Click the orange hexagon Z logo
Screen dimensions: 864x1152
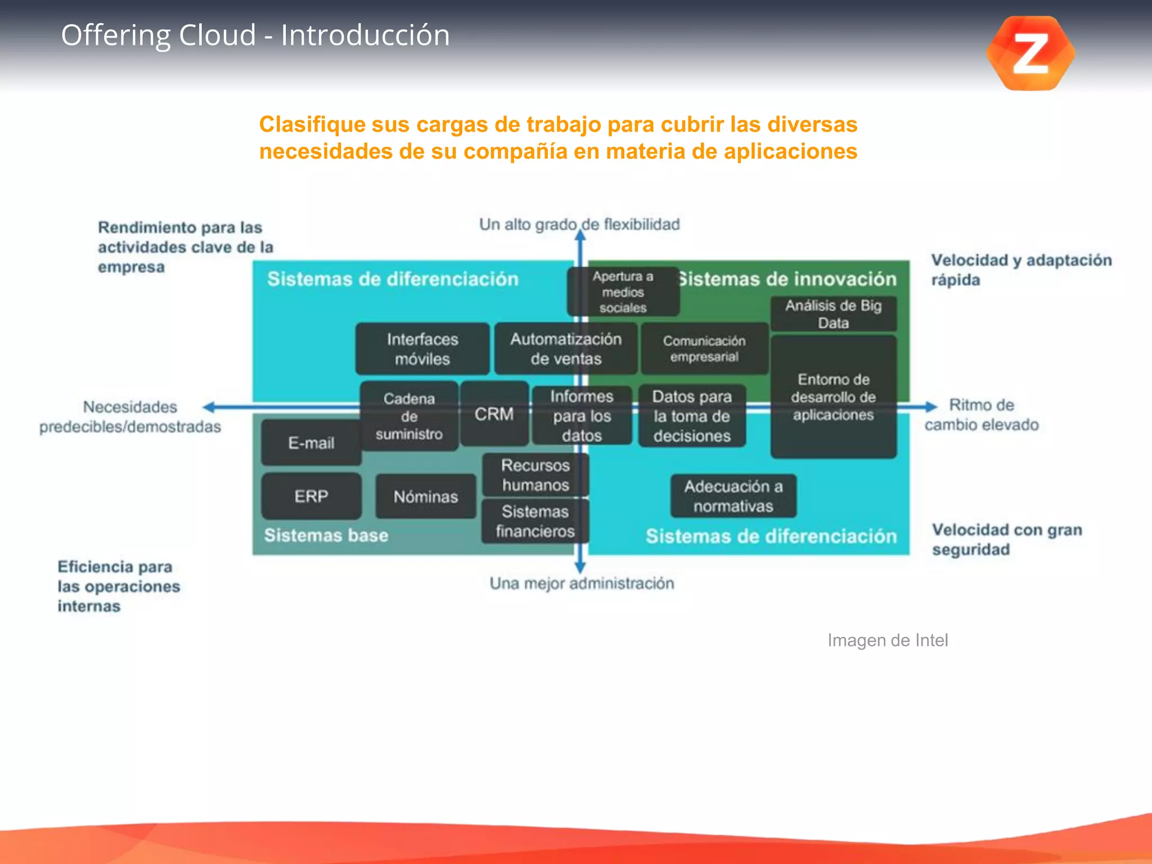click(x=1030, y=53)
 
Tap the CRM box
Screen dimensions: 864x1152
click(x=494, y=414)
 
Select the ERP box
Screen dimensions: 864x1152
click(x=311, y=496)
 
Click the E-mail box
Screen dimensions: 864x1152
click(x=311, y=443)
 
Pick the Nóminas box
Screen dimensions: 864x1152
click(x=425, y=496)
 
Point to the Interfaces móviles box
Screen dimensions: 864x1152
click(x=422, y=349)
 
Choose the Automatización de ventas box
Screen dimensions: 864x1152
click(x=565, y=349)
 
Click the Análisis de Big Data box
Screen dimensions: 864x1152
click(x=833, y=314)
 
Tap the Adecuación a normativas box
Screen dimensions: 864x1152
click(x=733, y=496)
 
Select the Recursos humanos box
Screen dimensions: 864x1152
click(x=535, y=475)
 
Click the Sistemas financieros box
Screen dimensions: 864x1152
click(x=535, y=521)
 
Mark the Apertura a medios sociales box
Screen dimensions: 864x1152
click(x=622, y=291)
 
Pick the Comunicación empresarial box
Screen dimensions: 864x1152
click(x=704, y=349)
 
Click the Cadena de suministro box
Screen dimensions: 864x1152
click(x=409, y=416)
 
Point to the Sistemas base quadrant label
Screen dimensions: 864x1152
click(x=326, y=535)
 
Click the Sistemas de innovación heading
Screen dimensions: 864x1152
click(x=787, y=279)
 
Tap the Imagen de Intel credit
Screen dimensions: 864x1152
click(x=887, y=640)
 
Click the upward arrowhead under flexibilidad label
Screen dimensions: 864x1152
click(x=580, y=235)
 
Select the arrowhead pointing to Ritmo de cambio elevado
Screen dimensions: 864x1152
click(x=930, y=406)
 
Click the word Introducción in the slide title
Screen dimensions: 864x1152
click(x=365, y=35)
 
